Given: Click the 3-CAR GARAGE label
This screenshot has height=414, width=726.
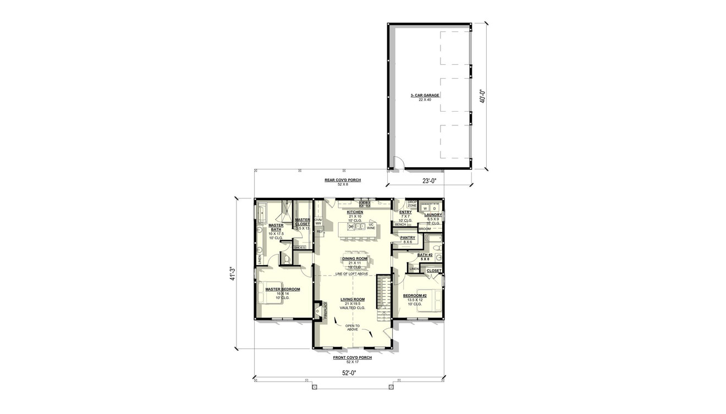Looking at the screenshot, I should (425, 95).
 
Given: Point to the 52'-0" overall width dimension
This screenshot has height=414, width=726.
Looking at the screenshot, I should (349, 373).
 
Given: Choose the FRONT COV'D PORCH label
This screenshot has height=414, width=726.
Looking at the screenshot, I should (352, 357).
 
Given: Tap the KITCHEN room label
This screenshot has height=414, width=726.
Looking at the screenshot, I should (354, 212).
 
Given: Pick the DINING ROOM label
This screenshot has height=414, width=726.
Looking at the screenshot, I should (354, 258).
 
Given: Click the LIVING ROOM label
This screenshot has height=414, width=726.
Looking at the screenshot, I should (353, 299).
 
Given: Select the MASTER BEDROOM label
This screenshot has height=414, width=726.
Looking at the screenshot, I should (283, 289).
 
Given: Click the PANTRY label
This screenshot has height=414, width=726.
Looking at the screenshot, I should (408, 238).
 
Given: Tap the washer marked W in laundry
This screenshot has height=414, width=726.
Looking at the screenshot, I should (425, 208).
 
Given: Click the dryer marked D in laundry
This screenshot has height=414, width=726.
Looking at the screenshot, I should (434, 208).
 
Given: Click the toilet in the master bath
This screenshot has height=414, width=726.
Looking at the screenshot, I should (285, 259).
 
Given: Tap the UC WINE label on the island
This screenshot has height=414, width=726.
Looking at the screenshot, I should (371, 226).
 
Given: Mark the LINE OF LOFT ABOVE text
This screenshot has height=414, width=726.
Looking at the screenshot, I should (352, 274).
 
